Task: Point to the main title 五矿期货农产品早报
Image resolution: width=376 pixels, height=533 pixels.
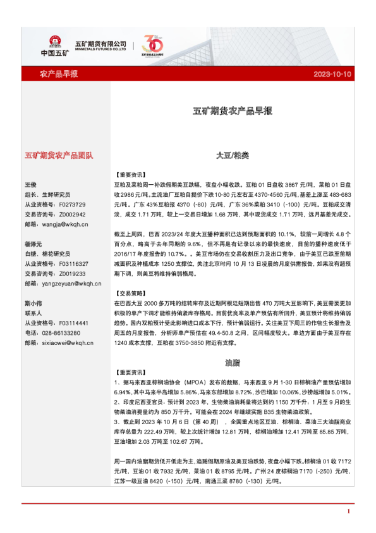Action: click(x=232, y=111)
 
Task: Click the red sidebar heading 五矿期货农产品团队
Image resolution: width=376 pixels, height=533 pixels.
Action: click(x=59, y=154)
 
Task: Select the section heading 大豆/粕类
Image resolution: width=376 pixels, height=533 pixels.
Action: click(x=232, y=154)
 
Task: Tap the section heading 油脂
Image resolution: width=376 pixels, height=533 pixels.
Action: click(x=232, y=363)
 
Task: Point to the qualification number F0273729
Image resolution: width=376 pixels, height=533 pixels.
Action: click(x=71, y=204)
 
